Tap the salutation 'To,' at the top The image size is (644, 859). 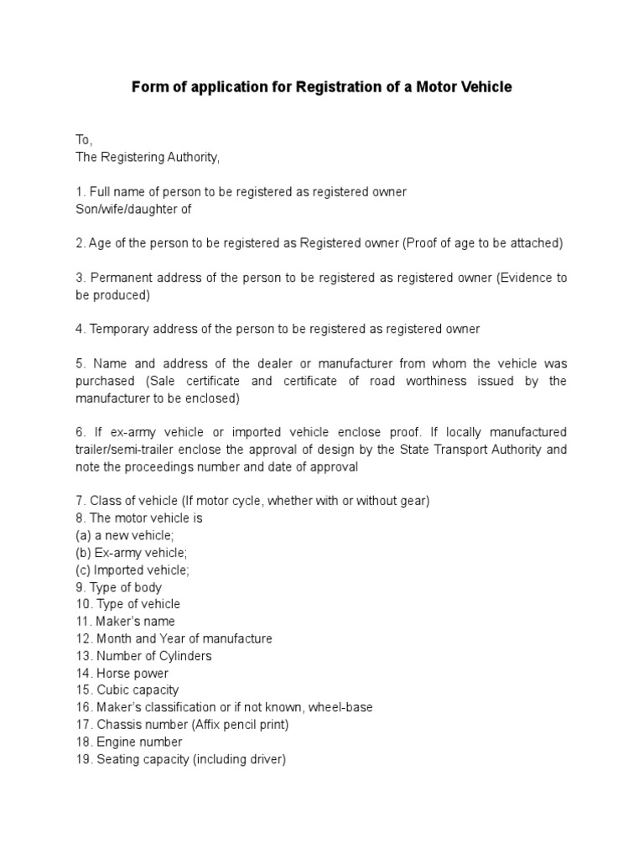click(84, 140)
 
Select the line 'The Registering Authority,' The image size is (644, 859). click(148, 157)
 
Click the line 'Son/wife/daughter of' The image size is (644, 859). click(134, 209)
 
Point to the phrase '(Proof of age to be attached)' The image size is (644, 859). click(482, 243)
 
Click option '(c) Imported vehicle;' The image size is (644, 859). click(132, 570)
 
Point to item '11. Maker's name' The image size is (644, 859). click(125, 622)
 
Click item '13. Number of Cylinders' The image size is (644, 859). click(143, 656)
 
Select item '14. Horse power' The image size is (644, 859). click(122, 673)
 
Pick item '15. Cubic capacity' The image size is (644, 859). click(127, 690)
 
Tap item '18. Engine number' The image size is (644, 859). click(128, 742)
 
